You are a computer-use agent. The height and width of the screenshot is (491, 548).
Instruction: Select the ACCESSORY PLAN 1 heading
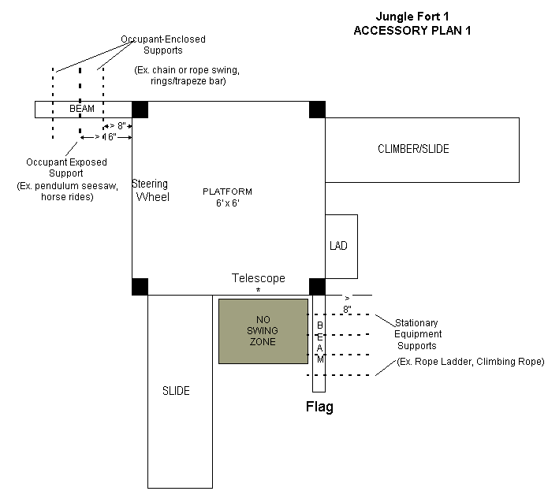[x=412, y=30]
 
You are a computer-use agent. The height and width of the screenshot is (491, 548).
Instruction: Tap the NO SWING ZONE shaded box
[x=263, y=331]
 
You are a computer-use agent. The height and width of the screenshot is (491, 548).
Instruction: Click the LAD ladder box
[x=341, y=246]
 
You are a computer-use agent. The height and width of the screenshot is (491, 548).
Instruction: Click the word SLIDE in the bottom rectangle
[x=176, y=391]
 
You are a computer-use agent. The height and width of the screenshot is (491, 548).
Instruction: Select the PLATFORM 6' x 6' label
[x=227, y=198]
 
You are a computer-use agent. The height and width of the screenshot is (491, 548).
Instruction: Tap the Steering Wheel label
[x=151, y=191]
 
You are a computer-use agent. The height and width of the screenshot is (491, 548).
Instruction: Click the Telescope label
[x=258, y=278]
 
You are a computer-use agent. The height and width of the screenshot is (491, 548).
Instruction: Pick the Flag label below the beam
[x=319, y=407]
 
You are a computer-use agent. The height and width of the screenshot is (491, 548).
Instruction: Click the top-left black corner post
[x=140, y=110]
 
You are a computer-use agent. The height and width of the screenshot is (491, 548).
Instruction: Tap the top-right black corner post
[x=317, y=110]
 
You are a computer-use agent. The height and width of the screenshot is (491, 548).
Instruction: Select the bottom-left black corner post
[x=140, y=286]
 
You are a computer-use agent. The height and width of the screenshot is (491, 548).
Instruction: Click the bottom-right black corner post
[x=317, y=286]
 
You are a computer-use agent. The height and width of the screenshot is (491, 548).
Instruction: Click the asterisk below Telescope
[x=258, y=291]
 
